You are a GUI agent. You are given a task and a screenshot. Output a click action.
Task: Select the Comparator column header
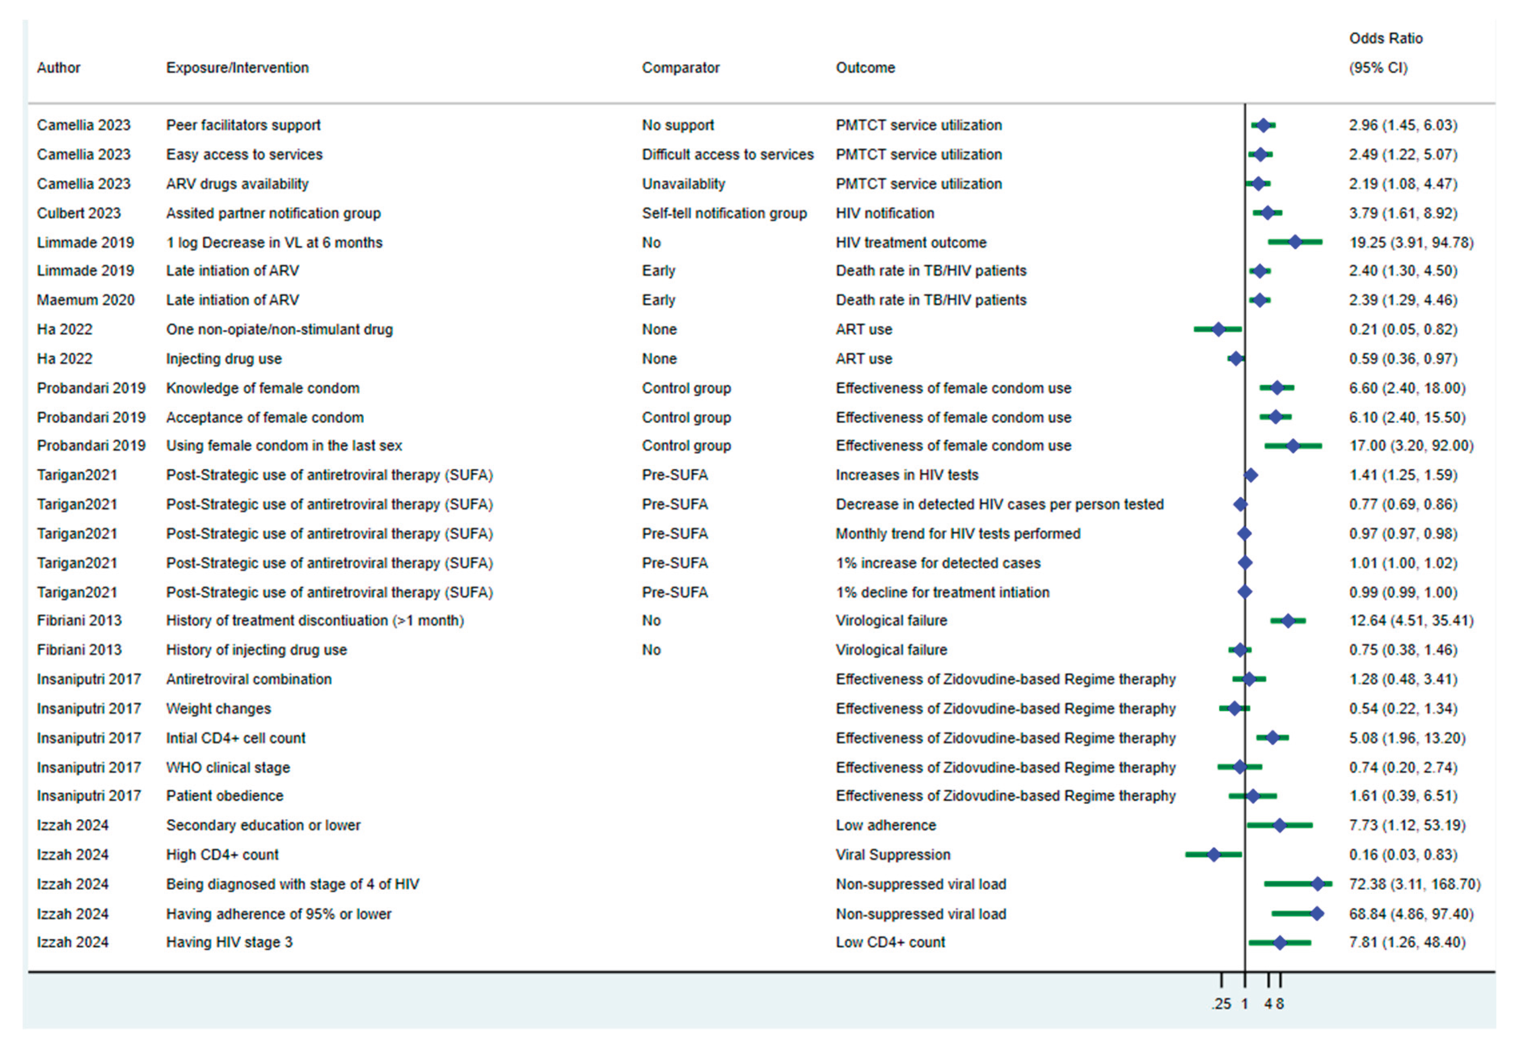pyautogui.click(x=681, y=68)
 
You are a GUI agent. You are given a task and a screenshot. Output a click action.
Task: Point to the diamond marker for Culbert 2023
pyautogui.click(x=1267, y=213)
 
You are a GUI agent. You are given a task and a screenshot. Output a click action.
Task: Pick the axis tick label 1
pyautogui.click(x=1244, y=1004)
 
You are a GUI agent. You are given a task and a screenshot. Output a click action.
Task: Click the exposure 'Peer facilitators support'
pyautogui.click(x=243, y=125)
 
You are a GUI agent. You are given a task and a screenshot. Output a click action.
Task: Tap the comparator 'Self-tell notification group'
pyautogui.click(x=724, y=213)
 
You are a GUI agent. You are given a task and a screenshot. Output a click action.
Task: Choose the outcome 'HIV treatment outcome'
pyautogui.click(x=911, y=243)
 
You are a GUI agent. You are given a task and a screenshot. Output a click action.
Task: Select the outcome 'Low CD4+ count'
pyautogui.click(x=890, y=942)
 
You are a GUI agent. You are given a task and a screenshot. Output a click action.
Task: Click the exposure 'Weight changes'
pyautogui.click(x=218, y=709)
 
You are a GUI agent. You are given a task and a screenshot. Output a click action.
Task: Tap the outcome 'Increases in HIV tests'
pyautogui.click(x=907, y=475)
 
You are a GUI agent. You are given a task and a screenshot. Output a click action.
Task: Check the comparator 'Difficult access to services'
pyautogui.click(x=727, y=154)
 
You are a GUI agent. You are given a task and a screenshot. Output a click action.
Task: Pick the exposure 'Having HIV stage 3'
pyautogui.click(x=229, y=942)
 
